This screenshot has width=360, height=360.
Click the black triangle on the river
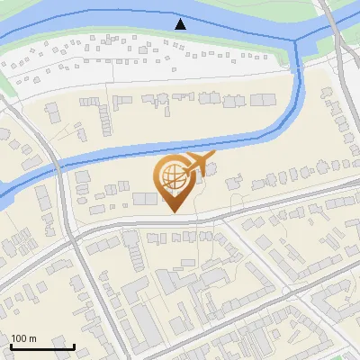click(x=181, y=23)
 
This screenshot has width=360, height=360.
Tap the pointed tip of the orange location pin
click(x=173, y=212)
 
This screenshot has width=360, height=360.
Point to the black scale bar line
click(x=42, y=346)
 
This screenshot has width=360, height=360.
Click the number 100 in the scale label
click(x=19, y=338)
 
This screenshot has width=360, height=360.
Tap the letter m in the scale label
click(x=32, y=338)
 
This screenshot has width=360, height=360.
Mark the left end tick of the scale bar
click(x=11, y=346)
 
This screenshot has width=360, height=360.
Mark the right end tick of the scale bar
click(x=74, y=346)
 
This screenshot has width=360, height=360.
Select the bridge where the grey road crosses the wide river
click(x=330, y=27)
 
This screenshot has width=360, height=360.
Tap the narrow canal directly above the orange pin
click(x=173, y=144)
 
